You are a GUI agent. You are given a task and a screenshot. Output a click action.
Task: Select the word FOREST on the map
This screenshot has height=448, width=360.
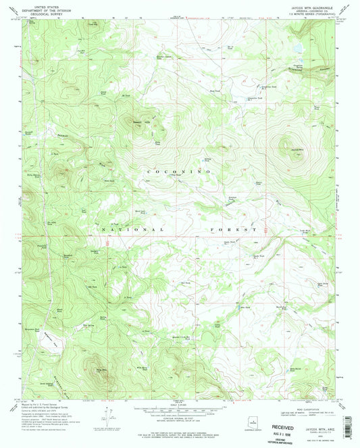click(234, 230)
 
